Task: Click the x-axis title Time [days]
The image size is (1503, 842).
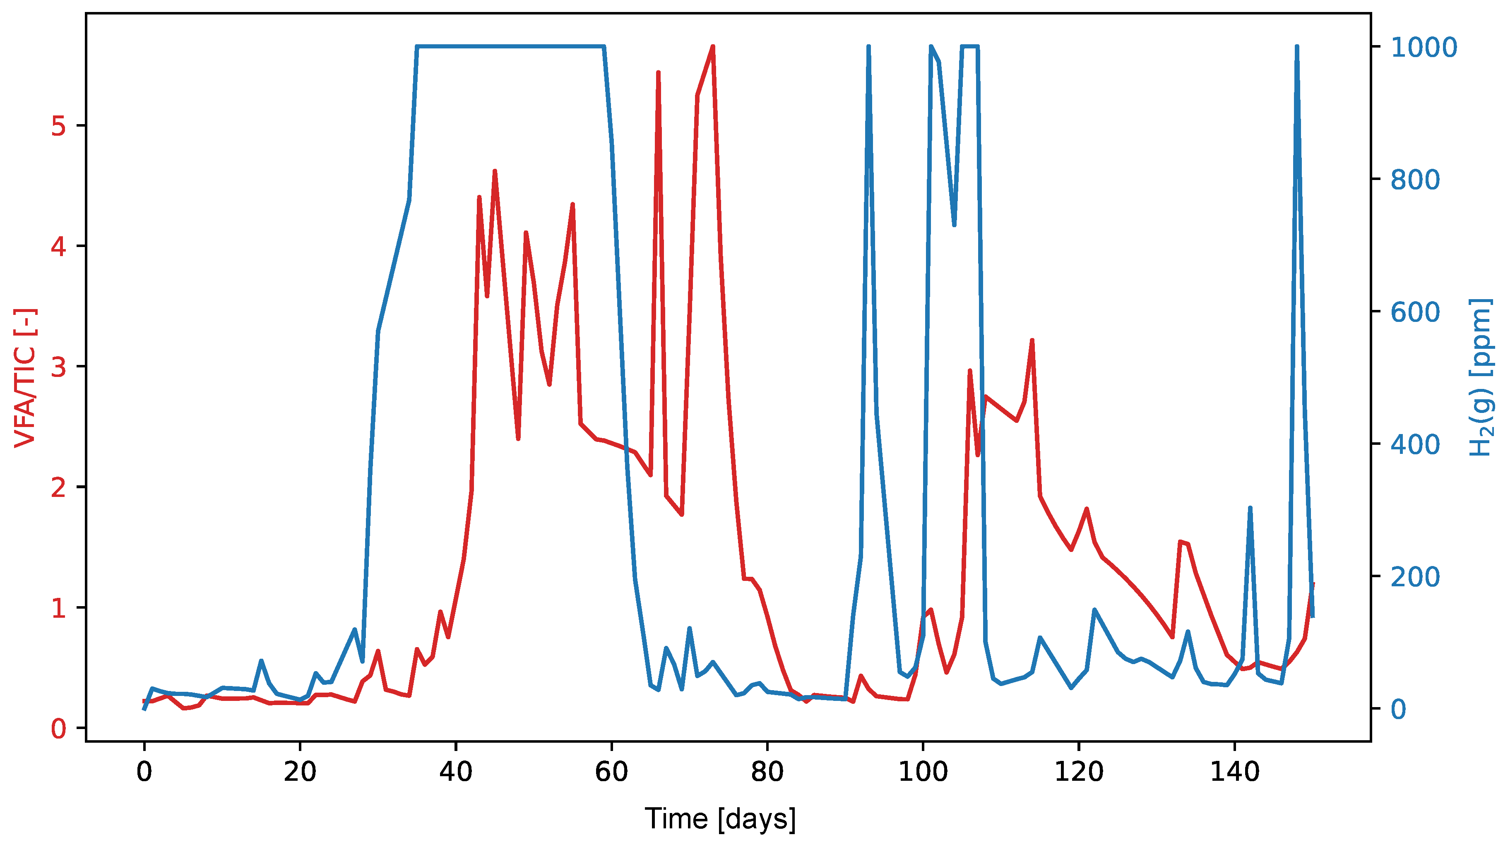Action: point(720,819)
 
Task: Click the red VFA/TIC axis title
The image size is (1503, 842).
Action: point(24,378)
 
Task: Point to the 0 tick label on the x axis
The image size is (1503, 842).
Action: point(144,772)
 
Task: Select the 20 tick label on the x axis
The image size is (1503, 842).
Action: point(300,772)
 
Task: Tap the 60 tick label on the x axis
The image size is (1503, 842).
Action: point(611,772)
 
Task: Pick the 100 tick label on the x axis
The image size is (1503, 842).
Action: point(923,772)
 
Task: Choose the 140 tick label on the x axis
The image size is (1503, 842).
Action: point(1235,772)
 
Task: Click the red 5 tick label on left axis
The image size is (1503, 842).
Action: point(58,126)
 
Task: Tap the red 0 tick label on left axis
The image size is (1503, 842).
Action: point(58,728)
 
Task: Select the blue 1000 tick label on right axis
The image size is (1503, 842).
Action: point(1424,47)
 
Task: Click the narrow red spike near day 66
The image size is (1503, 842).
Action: point(658,72)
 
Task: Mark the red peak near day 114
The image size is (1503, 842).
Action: point(1032,340)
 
